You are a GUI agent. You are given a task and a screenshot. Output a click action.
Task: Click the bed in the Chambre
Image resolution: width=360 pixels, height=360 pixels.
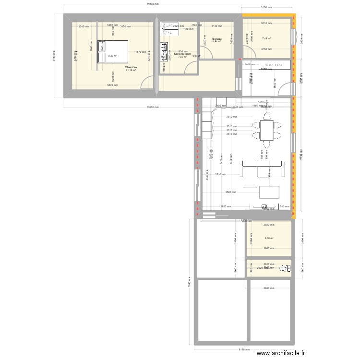[x=113, y=52]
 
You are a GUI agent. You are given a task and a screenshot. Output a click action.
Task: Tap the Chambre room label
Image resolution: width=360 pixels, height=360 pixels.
[x=131, y=67]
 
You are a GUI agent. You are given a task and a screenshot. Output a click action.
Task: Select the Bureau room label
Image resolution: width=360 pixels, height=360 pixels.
[x=216, y=38]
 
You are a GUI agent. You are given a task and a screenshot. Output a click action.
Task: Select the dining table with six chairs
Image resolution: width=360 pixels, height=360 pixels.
[x=267, y=130]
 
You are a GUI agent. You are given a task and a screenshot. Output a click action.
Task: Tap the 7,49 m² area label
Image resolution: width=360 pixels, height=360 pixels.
[x=266, y=38]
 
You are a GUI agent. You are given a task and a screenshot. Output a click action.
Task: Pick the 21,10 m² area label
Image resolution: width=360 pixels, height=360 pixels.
[x=131, y=71]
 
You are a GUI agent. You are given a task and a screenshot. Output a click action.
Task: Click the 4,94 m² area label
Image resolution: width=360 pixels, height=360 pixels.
[x=216, y=42]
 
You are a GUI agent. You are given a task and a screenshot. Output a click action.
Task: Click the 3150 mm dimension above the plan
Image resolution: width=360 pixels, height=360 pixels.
[x=266, y=8]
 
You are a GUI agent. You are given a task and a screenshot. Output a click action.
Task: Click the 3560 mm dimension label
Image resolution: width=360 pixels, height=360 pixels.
[x=231, y=192]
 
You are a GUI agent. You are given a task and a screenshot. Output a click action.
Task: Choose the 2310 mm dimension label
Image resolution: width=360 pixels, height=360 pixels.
[x=220, y=174]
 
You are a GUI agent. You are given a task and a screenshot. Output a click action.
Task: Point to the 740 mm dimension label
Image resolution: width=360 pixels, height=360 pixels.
[x=285, y=207]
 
